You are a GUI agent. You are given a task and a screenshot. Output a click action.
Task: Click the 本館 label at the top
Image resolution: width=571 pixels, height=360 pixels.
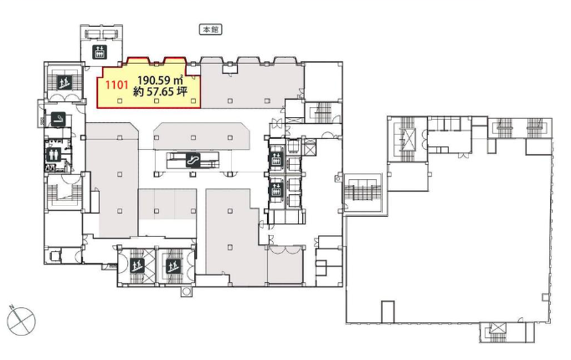(210, 29)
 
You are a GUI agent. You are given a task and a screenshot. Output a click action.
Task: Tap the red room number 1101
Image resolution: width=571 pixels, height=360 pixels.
(116, 85)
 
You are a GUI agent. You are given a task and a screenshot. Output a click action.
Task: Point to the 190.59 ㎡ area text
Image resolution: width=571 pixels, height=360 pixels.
(160, 80)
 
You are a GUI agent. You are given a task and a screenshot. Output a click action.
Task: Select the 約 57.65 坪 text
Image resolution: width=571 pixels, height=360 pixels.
(160, 92)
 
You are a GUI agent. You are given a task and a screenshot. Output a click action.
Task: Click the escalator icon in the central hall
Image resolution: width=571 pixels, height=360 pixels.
(193, 160)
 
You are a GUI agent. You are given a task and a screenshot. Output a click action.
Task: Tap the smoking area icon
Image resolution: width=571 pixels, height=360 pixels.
(59, 119)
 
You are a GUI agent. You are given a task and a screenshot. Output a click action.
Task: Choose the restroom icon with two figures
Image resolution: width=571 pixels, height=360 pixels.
(54, 155)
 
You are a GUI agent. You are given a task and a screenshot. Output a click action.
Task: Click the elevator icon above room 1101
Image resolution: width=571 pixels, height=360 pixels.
(100, 52)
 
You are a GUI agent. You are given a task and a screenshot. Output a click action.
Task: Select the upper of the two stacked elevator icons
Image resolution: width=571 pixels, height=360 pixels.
(276, 159)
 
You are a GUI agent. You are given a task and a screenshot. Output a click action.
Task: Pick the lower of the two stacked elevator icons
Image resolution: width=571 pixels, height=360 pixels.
(276, 190)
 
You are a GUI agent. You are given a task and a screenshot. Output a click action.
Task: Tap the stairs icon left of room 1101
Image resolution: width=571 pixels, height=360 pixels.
(64, 82)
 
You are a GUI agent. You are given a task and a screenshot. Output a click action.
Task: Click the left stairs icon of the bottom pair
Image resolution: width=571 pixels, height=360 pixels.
(137, 266)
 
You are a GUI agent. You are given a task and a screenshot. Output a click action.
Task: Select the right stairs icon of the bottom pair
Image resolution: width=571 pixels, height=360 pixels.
(173, 266)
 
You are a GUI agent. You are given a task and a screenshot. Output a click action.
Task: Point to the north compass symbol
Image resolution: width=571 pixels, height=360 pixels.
(22, 321)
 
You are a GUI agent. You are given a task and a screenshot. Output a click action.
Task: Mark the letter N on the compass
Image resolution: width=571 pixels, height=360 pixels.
(12, 307)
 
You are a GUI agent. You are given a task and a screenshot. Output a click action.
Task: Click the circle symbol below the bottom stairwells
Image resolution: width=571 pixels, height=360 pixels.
(187, 291)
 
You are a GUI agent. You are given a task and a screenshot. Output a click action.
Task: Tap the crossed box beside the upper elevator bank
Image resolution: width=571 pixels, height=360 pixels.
(310, 149)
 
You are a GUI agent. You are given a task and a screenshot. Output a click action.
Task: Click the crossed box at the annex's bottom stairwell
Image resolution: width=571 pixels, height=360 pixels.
(496, 328)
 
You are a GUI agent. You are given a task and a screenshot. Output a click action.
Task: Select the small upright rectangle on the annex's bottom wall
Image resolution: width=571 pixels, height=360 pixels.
(388, 312)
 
